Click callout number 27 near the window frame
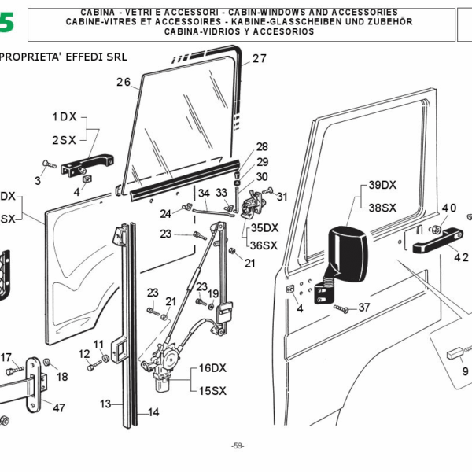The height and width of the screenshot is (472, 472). (x=260, y=58)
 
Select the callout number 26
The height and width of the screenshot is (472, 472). (x=123, y=82)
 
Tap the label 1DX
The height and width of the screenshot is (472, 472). (x=65, y=116)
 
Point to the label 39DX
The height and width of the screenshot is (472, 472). (x=383, y=186)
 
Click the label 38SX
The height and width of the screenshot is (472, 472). (x=383, y=208)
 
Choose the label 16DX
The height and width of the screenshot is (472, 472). (x=212, y=367)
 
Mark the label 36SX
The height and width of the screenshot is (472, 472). (x=264, y=245)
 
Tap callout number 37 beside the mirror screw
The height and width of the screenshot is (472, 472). (x=363, y=308)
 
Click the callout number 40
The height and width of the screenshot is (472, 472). (x=448, y=208)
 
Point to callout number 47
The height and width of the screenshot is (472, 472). (x=59, y=407)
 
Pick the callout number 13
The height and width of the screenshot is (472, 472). (x=105, y=404)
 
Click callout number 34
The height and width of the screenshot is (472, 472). (x=203, y=193)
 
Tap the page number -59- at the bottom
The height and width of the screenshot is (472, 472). (x=238, y=446)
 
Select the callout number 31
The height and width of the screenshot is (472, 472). (x=282, y=197)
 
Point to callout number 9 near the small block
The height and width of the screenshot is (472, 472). (x=464, y=371)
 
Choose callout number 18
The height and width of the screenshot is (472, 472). (x=62, y=377)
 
